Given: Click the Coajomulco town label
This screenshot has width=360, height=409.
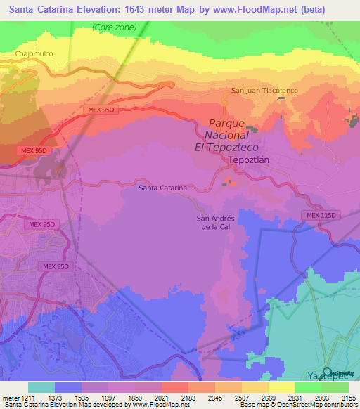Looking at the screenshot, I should (34, 53).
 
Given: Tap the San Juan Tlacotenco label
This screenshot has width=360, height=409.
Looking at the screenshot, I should (259, 91).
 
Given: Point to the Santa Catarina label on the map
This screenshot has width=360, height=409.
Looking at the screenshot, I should (162, 188).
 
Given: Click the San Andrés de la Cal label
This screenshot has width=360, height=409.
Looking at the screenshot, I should (215, 222).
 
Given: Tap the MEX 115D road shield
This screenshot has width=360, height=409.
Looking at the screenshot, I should (322, 215).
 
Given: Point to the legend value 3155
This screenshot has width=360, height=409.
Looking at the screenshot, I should (349, 397).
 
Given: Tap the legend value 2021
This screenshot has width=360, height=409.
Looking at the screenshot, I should (162, 397).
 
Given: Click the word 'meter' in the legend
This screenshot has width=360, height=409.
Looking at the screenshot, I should (9, 397).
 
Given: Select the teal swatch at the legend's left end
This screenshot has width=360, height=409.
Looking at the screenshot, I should (41, 387).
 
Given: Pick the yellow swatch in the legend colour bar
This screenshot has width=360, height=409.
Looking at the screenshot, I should (281, 387).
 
